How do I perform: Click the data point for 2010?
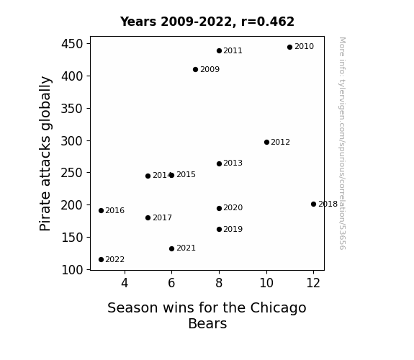click(x=289, y=48)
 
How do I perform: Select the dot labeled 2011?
click(x=219, y=50)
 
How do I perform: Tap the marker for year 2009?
click(x=195, y=69)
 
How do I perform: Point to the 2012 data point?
click(x=266, y=143)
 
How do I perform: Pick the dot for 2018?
click(x=313, y=204)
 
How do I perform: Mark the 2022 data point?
click(x=101, y=260)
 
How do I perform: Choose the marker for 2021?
click(x=171, y=249)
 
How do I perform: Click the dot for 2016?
click(x=101, y=211)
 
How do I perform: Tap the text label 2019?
click(x=233, y=229)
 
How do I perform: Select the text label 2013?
click(x=233, y=163)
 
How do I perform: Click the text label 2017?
click(x=162, y=218)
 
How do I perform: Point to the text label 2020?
click(x=233, y=208)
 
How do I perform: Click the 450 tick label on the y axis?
click(x=72, y=44)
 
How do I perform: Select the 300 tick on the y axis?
click(x=72, y=141)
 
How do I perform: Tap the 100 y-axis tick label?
click(x=72, y=270)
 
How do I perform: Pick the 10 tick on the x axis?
click(x=266, y=283)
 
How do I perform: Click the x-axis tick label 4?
click(x=125, y=283)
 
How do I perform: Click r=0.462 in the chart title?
click(x=267, y=22)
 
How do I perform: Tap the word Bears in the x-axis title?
click(x=207, y=323)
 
